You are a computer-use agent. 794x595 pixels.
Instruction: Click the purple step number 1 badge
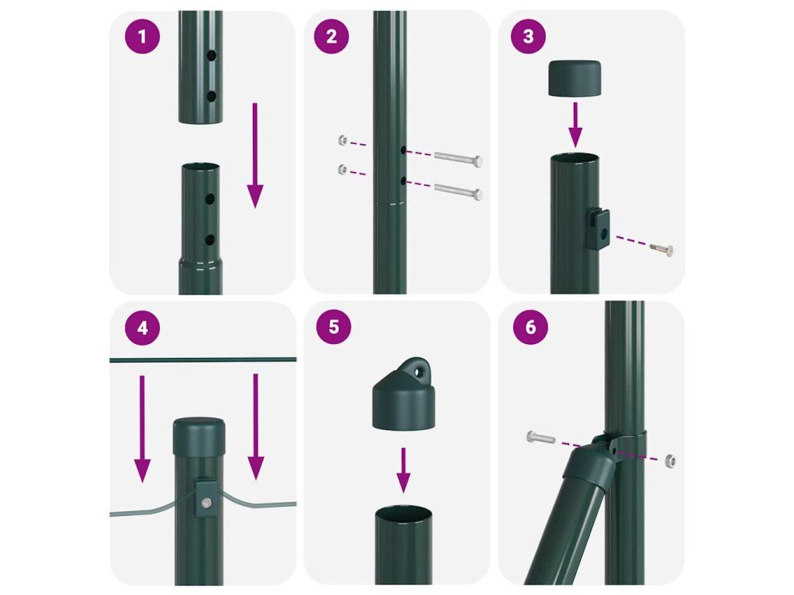(143, 36)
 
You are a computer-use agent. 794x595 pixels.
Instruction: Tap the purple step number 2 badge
(332, 36)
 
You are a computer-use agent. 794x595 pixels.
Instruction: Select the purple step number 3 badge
(528, 36)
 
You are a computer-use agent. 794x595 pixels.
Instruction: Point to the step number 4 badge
(143, 328)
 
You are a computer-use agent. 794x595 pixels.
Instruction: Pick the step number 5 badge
(333, 327)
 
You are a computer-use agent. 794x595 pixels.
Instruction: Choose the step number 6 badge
(530, 327)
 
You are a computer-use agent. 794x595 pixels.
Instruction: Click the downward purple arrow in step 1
(255, 155)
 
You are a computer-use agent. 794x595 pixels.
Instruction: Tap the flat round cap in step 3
(575, 78)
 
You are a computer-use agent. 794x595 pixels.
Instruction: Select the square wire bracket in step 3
(599, 229)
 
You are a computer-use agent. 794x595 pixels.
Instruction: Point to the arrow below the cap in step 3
(575, 125)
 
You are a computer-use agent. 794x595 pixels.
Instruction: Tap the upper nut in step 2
(343, 140)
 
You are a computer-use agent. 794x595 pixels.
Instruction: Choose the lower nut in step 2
(343, 170)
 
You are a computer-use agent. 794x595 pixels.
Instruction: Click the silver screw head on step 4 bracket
(206, 502)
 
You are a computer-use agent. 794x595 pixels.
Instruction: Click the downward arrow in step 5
(403, 470)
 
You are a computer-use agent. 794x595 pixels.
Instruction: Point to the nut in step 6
(669, 460)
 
